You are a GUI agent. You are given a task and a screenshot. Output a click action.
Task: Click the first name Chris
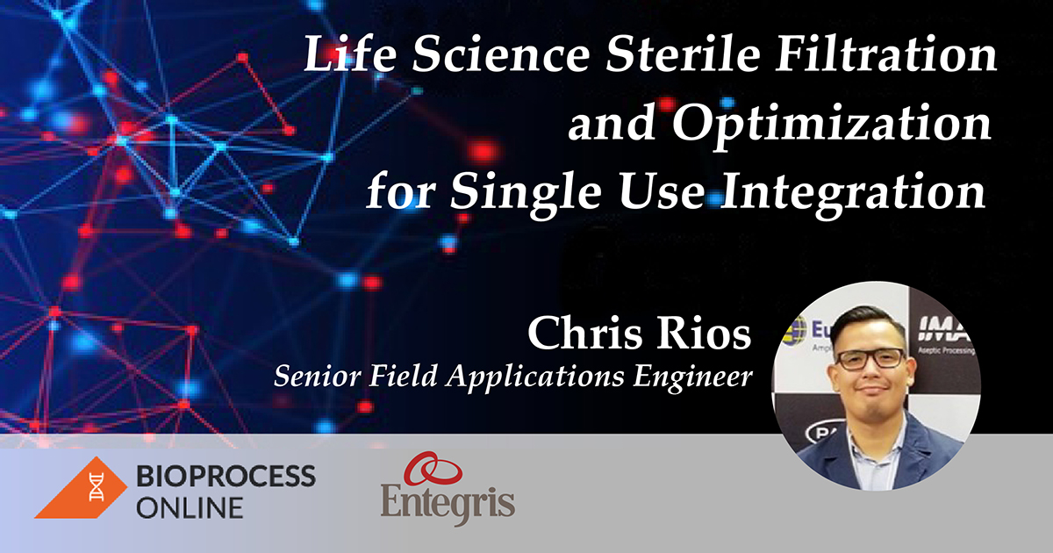[x=586, y=334]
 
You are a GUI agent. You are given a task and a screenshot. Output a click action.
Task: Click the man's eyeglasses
[x=869, y=359]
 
